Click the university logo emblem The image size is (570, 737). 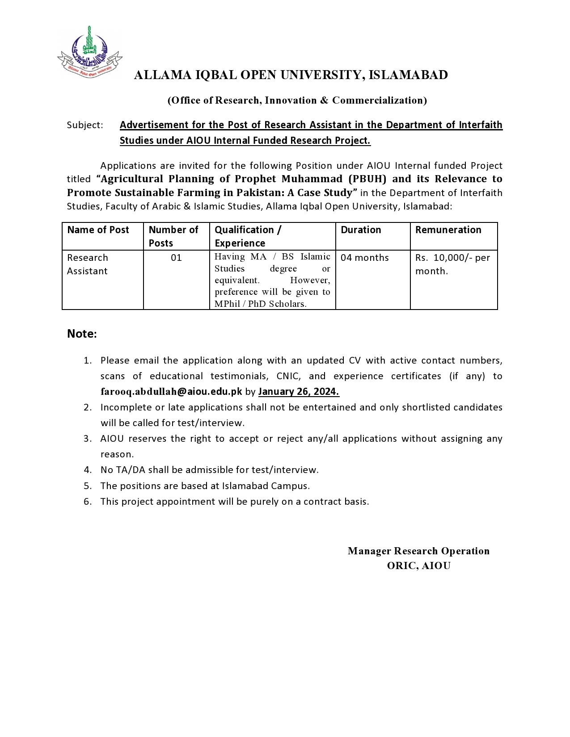(89, 51)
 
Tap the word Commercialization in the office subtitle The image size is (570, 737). (378, 100)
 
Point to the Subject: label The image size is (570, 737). (85, 125)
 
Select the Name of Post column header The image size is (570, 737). (98, 230)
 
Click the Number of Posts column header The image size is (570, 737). (173, 236)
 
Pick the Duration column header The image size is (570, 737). (361, 230)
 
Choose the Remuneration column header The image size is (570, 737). (448, 230)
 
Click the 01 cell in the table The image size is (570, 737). (176, 258)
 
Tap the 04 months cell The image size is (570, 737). (365, 258)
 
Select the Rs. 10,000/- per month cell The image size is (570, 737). (452, 264)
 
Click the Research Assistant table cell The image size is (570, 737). (88, 264)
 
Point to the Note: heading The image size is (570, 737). (82, 334)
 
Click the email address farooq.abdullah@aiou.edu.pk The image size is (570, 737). (171, 392)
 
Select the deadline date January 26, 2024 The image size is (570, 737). (299, 392)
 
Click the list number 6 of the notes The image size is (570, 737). (88, 502)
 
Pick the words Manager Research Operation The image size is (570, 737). (418, 551)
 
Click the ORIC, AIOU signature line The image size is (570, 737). (418, 566)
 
